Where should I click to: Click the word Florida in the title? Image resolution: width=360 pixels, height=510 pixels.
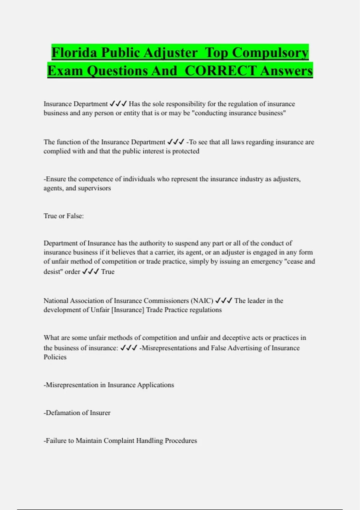point(74,53)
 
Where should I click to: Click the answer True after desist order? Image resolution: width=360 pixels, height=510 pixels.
point(108,272)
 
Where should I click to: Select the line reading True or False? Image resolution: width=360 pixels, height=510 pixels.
point(64,216)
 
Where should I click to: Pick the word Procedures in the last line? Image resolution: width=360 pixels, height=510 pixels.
point(181,441)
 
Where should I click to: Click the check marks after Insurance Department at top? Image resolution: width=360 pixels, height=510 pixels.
point(118,104)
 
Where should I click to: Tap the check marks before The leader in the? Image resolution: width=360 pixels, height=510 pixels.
point(224,301)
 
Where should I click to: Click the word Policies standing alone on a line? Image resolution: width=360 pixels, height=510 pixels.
point(55,357)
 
